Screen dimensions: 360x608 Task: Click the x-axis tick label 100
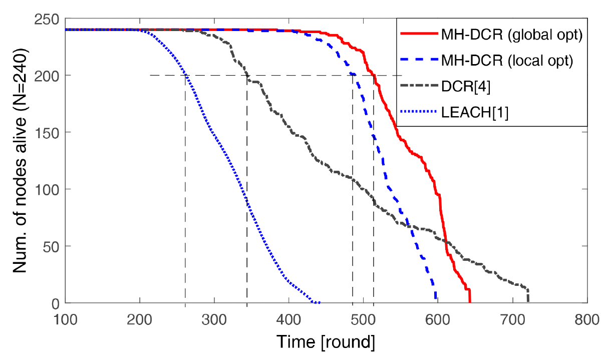coord(66,318)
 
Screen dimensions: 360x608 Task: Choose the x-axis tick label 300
coord(214,318)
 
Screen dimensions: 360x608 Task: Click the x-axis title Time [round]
coord(326,342)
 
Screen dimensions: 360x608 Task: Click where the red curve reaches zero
coord(470,302)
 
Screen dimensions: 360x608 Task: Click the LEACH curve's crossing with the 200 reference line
coord(185,76)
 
